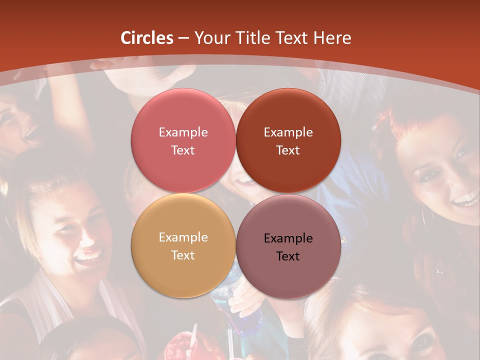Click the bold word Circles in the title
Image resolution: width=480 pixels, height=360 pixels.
pyautogui.click(x=147, y=38)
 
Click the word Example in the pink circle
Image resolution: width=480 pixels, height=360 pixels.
pyautogui.click(x=183, y=132)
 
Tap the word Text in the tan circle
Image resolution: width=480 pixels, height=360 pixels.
pyautogui.click(x=183, y=255)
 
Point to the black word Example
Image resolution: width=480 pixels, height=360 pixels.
pyautogui.click(x=288, y=238)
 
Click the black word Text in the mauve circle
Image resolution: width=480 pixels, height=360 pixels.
pyautogui.click(x=288, y=256)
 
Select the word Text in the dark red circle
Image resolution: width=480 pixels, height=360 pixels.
pyautogui.click(x=288, y=150)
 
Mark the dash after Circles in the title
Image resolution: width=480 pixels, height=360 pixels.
pyautogui.click(x=183, y=38)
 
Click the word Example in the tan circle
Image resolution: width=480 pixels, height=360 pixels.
pyautogui.click(x=183, y=237)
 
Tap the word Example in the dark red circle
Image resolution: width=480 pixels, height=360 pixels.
pyautogui.click(x=288, y=132)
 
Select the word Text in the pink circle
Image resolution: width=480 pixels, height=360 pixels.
pyautogui.click(x=183, y=150)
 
